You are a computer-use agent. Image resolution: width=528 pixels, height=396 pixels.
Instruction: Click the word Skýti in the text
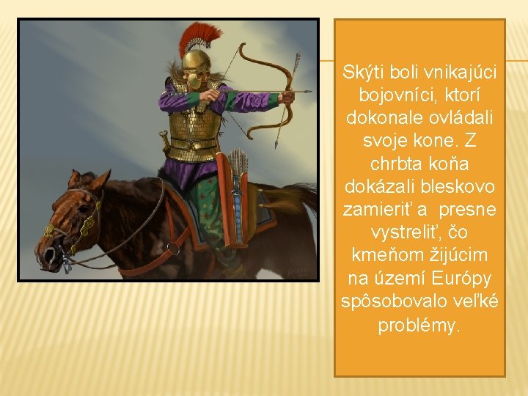(x=359, y=73)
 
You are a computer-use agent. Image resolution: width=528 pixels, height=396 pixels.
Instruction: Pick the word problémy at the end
(x=419, y=324)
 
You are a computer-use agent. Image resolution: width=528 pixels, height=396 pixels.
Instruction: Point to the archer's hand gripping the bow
(x=288, y=95)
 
